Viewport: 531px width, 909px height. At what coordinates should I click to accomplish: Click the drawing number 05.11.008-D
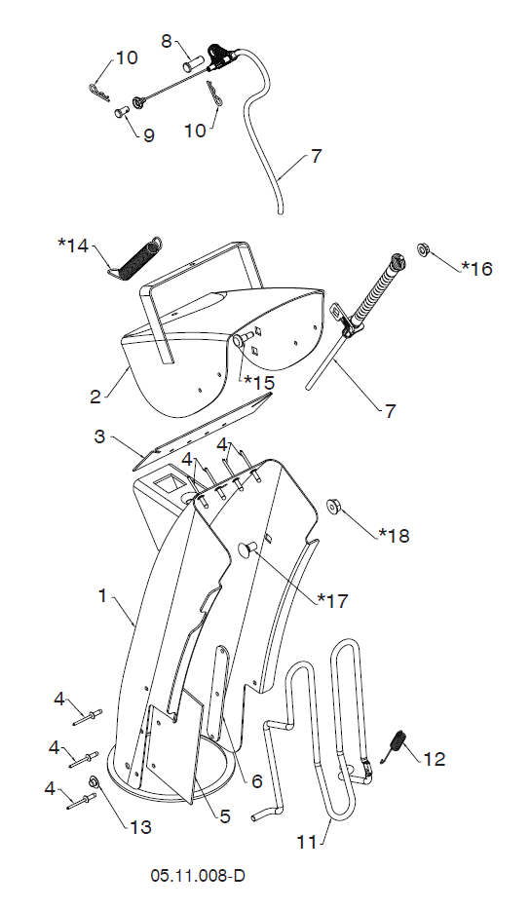(198, 875)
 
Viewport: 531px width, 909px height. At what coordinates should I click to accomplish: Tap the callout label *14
(73, 246)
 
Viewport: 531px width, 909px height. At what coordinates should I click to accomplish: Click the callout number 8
(167, 41)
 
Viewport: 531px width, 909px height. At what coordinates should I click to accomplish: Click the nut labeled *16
(424, 250)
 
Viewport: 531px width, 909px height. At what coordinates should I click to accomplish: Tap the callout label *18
(395, 535)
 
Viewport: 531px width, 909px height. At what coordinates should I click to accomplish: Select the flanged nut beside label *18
(333, 505)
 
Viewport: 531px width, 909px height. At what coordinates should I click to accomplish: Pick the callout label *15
(259, 383)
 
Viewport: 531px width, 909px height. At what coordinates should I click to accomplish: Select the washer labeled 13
(94, 782)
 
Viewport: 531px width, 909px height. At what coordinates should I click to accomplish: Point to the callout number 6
(256, 780)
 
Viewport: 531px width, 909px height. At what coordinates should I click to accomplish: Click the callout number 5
(225, 816)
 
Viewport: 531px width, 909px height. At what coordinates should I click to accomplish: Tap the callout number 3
(99, 436)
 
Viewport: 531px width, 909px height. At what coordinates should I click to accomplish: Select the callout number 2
(95, 398)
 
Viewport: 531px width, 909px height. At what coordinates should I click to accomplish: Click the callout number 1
(102, 595)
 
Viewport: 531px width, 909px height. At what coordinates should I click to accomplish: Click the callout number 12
(435, 758)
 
